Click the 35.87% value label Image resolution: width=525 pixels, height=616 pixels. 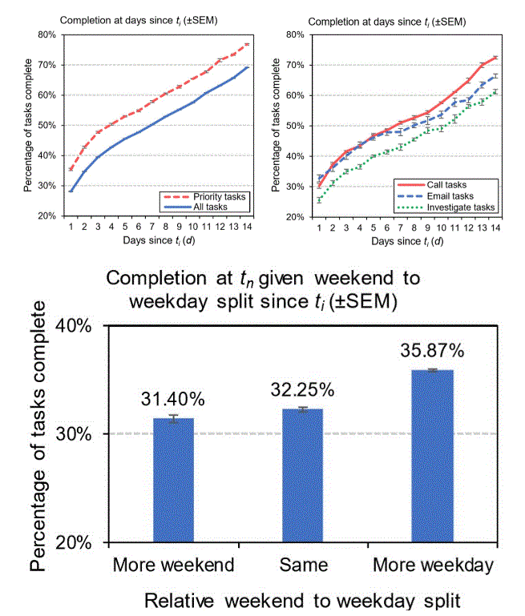(x=433, y=351)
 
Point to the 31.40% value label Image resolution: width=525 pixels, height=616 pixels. (x=174, y=398)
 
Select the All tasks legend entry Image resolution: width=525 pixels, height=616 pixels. (x=212, y=206)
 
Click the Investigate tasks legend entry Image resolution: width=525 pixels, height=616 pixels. (x=461, y=207)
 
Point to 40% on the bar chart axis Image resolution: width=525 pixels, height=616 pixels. (x=76, y=327)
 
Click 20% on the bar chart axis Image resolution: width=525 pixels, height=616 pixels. (x=76, y=542)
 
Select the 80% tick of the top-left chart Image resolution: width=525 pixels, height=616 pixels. (x=46, y=34)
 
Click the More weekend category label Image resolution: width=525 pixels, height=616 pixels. (x=174, y=565)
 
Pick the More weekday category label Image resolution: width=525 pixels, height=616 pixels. (x=433, y=565)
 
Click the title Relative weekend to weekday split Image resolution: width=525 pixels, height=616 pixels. (x=304, y=600)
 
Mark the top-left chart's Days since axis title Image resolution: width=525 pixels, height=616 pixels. (x=158, y=240)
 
